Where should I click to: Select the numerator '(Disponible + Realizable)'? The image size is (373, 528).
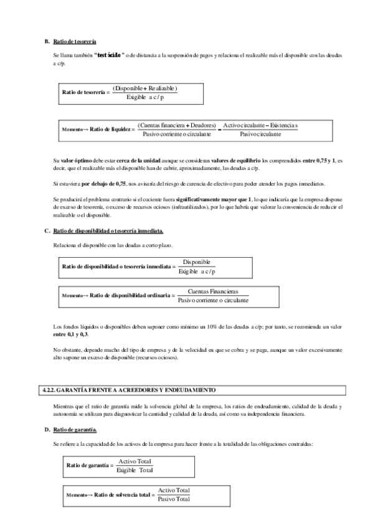(145, 88)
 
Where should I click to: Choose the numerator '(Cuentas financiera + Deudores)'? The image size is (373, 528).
(176, 125)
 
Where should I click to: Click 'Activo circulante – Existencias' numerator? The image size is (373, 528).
(260, 125)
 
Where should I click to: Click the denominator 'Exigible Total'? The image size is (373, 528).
(135, 469)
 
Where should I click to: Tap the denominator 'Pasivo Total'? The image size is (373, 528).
(174, 499)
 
